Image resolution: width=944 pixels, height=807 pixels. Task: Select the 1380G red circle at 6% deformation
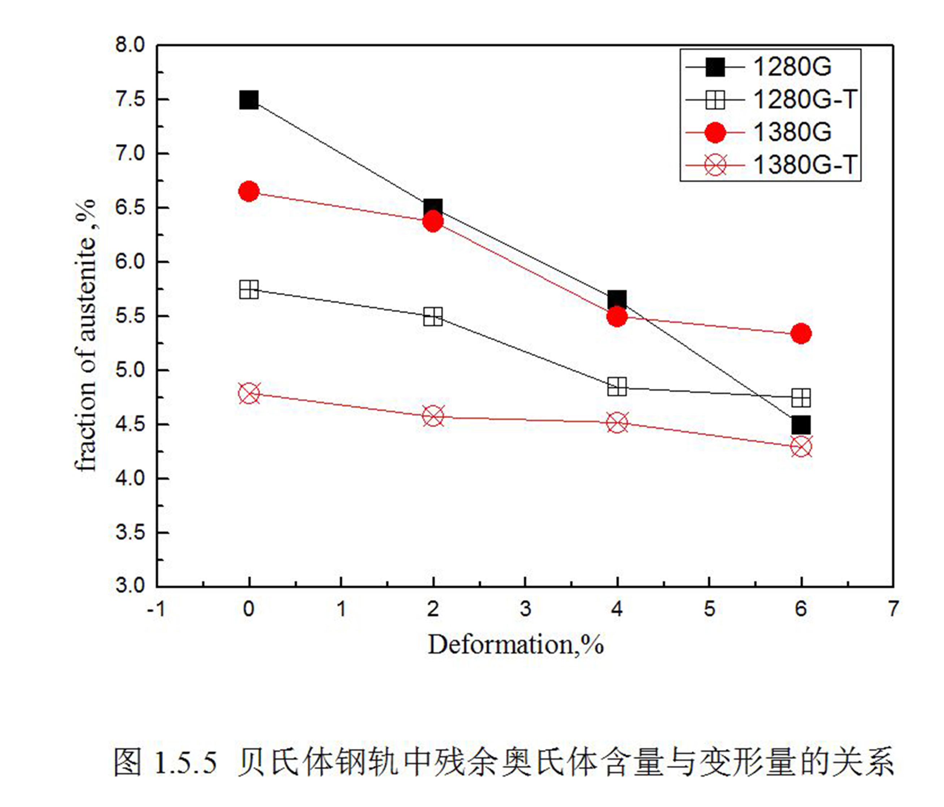(x=801, y=333)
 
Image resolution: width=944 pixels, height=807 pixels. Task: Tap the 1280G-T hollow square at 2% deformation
(x=433, y=317)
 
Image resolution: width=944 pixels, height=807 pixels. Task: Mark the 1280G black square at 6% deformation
(x=801, y=425)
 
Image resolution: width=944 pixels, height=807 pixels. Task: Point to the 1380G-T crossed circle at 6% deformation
(x=801, y=446)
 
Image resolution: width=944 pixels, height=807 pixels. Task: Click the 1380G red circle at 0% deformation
(x=249, y=191)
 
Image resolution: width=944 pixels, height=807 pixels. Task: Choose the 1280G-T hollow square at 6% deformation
(x=801, y=398)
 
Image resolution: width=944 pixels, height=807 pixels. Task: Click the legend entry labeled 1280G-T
(x=805, y=99)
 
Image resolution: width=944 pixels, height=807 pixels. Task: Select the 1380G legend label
(x=792, y=132)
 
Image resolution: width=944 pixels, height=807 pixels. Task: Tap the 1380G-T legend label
(x=805, y=164)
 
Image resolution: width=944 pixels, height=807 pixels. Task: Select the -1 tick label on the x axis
(x=156, y=609)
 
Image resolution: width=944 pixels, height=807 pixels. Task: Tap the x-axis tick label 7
(x=893, y=609)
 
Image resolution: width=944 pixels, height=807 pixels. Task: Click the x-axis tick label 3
(x=525, y=609)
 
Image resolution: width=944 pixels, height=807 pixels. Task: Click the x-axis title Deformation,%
(x=516, y=645)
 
